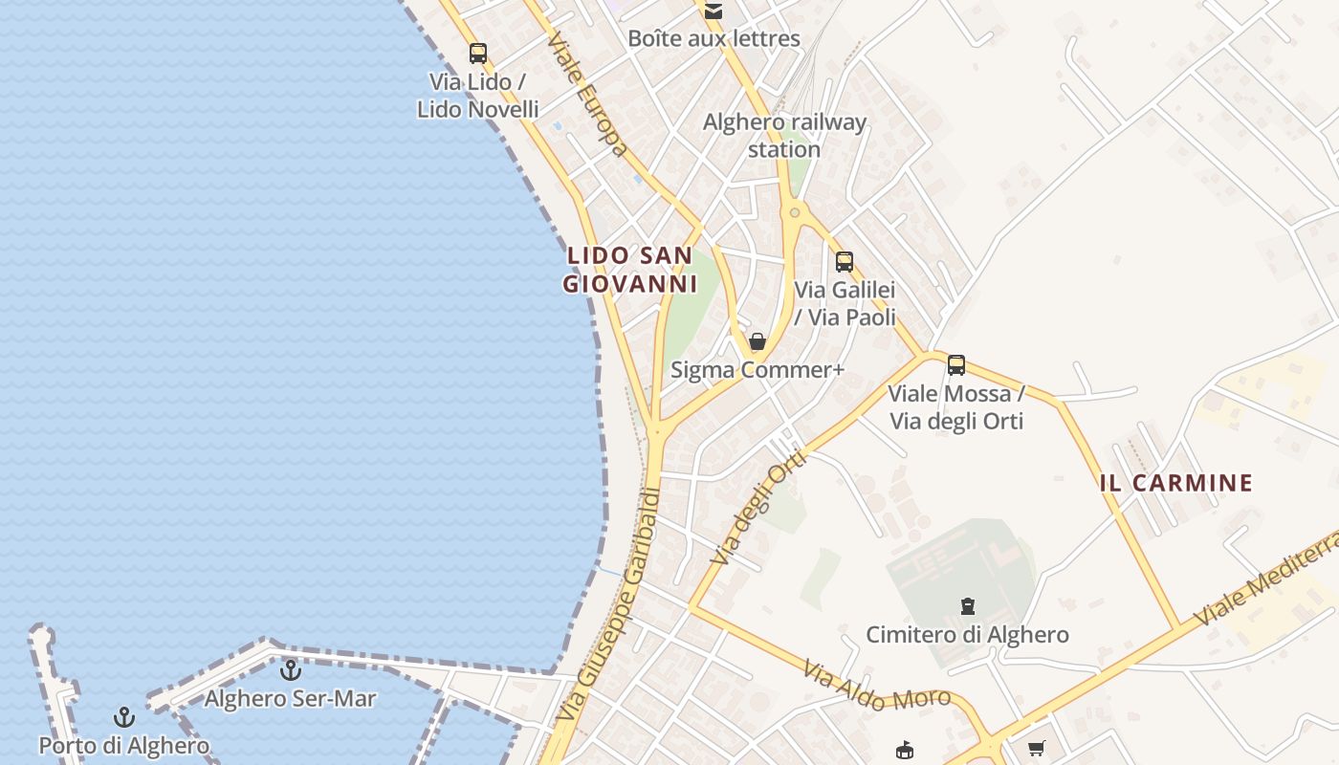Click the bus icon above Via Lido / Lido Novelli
(x=477, y=54)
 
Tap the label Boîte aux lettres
(x=713, y=39)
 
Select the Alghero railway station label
(x=784, y=136)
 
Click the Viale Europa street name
(x=588, y=95)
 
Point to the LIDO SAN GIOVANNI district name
(x=629, y=270)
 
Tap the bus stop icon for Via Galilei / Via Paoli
(x=844, y=261)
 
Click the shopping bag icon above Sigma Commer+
(x=757, y=341)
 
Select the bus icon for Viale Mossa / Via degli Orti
(x=955, y=364)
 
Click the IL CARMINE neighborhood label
(x=1175, y=483)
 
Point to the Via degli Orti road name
(x=760, y=508)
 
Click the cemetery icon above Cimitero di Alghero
(x=967, y=606)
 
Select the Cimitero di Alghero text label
(x=967, y=634)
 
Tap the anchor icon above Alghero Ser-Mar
(x=291, y=669)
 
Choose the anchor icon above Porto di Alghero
(x=123, y=717)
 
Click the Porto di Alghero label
(x=123, y=745)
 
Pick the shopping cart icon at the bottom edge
(x=1036, y=749)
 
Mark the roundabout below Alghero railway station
(x=793, y=213)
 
